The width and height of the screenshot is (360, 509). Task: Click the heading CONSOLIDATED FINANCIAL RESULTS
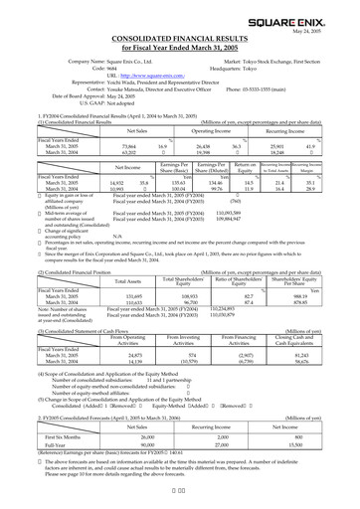pyautogui.click(x=180, y=37)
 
